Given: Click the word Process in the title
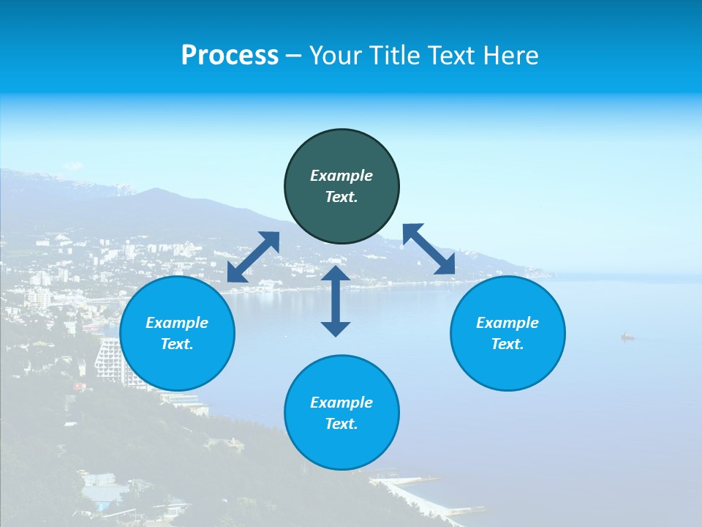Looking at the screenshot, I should click(230, 56).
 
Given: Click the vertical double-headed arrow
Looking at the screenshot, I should click(336, 301).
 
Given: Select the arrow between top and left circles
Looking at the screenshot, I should click(253, 257).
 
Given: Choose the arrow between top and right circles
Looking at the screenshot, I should click(429, 249).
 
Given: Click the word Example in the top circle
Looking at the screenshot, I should click(341, 176).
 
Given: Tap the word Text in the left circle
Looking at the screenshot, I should click(177, 344).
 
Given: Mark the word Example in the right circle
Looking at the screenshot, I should click(507, 323).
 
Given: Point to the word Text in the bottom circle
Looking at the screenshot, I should click(341, 424).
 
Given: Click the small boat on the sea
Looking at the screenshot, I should click(627, 337).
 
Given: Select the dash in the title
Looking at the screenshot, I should click(294, 56).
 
